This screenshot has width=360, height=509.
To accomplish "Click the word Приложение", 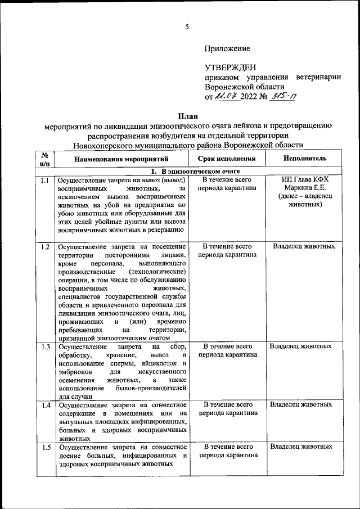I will coord(227,49).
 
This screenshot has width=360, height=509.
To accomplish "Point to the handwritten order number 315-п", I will coord(284,96).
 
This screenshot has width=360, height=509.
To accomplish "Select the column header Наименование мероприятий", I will coord(119,159).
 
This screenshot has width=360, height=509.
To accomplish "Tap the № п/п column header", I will coord(44,159).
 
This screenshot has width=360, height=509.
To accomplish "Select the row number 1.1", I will coord(44,180).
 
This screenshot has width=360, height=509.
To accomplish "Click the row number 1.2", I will coord(44,246).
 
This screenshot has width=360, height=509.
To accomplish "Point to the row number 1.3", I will coord(44,346).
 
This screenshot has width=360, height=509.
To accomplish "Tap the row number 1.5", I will coord(44,447).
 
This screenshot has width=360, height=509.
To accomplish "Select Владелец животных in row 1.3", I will coord(301,346).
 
